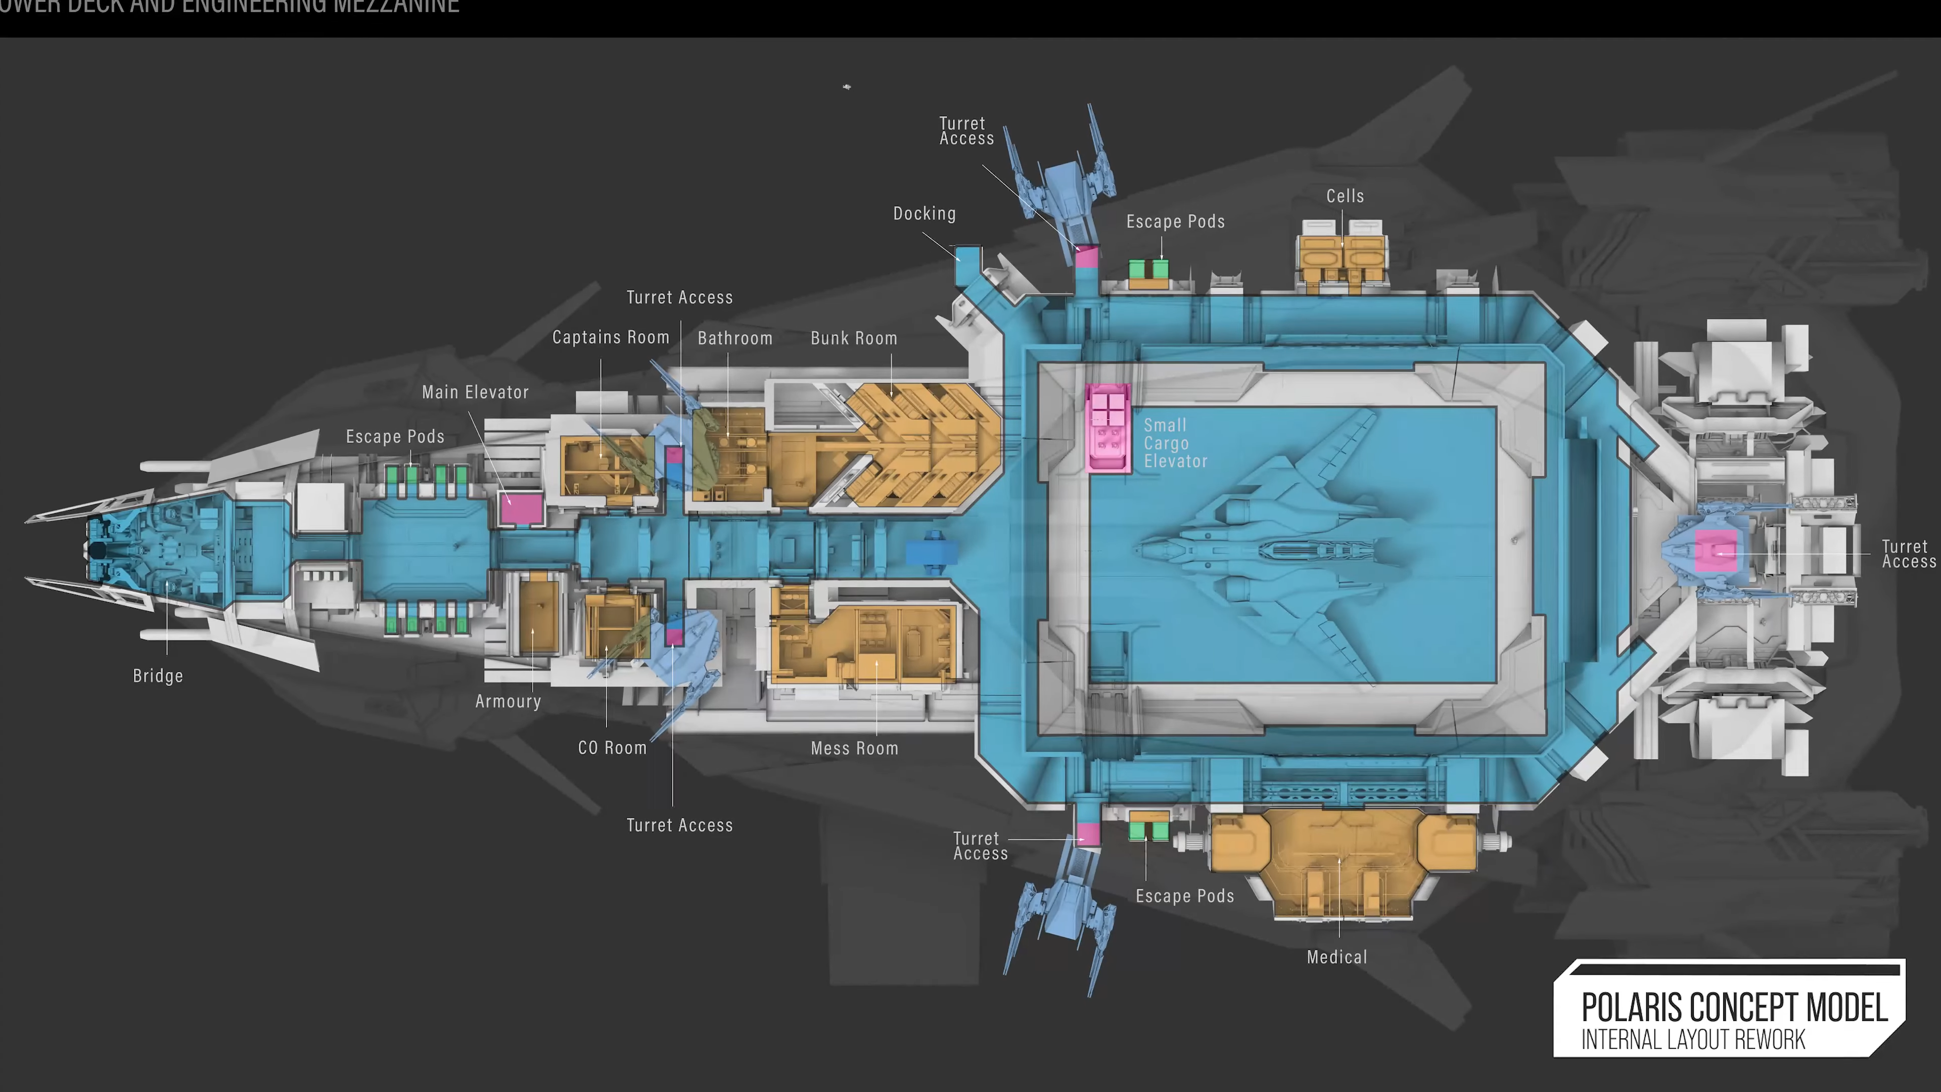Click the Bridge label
click(x=158, y=676)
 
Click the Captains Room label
click(x=610, y=338)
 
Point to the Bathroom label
click(x=734, y=338)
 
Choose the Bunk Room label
click(x=854, y=338)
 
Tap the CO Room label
click(x=612, y=748)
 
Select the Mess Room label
click(x=854, y=748)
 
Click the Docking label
click(x=925, y=214)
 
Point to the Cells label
click(x=1345, y=196)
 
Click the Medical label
click(x=1336, y=957)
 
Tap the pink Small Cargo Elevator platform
click(x=1107, y=428)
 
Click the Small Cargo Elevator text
click(x=1175, y=443)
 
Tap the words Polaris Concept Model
click(x=1734, y=1008)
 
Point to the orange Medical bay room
click(x=1341, y=859)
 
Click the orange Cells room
click(x=1342, y=260)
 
